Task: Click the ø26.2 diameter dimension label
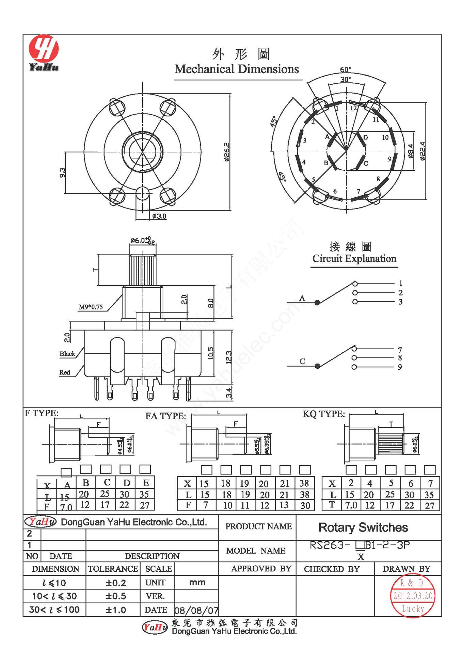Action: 227,152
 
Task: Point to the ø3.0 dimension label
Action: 159,216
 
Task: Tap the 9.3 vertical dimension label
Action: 62,172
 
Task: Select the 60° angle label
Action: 345,70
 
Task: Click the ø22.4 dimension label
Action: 422,151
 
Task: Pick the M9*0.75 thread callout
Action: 91,307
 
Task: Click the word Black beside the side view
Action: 67,354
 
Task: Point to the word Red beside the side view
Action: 65,372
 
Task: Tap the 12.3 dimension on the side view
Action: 229,357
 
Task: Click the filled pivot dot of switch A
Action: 317,302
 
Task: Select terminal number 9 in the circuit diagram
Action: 400,367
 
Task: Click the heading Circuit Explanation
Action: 354,258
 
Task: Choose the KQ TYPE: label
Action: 324,414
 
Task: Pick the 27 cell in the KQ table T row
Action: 430,506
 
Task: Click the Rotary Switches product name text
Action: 363,527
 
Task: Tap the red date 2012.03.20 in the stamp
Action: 413,596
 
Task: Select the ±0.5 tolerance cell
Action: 116,596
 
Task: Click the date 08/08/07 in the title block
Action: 196,610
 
